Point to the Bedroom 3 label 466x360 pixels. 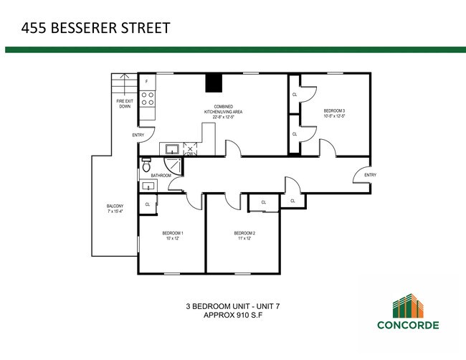(x=335, y=113)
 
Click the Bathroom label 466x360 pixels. (x=161, y=176)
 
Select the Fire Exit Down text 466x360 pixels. (x=125, y=105)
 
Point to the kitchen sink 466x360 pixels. (x=173, y=149)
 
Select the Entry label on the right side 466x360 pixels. (x=370, y=175)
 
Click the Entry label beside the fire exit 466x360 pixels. (x=138, y=135)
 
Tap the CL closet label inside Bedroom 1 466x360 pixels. (x=147, y=204)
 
